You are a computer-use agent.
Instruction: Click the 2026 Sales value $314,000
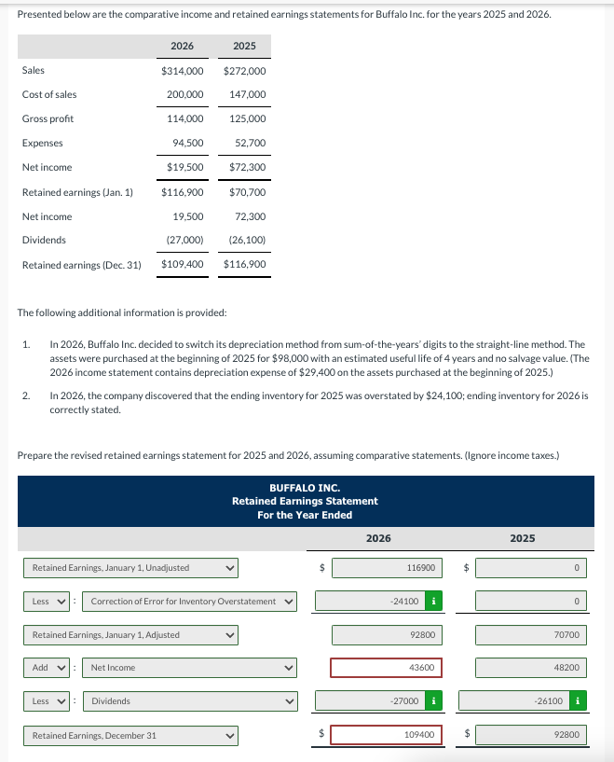pos(183,70)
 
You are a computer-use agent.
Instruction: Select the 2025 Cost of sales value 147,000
pos(247,94)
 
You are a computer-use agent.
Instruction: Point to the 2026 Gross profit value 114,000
pos(185,118)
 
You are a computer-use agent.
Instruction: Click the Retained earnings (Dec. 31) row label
pos(81,265)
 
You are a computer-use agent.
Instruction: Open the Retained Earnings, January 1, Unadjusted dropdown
pos(131,567)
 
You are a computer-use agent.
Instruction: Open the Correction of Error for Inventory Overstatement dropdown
pos(191,601)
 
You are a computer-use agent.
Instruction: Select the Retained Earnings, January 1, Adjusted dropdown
pos(131,635)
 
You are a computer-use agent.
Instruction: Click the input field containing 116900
pos(386,567)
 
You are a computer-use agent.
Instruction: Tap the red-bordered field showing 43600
pos(386,668)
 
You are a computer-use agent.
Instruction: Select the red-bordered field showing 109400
pos(386,735)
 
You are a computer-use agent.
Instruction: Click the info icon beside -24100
pos(431,601)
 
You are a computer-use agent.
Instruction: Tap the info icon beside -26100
pos(578,700)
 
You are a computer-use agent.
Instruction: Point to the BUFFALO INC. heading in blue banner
pos(305,488)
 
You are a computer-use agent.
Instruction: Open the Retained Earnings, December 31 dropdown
pos(131,735)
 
